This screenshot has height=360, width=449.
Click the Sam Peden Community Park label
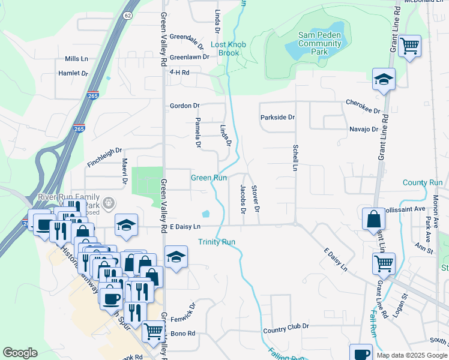[321, 44]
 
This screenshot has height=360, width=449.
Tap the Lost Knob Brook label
[224, 49]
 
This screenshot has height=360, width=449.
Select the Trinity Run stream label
[217, 242]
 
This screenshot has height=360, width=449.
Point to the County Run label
[422, 182]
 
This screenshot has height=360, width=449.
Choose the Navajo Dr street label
[364, 129]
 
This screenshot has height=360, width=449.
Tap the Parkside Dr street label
[277, 118]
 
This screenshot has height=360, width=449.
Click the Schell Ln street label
[295, 158]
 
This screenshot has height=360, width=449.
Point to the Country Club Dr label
[285, 326]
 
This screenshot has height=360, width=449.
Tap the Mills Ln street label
[77, 59]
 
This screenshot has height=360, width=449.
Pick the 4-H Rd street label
[179, 73]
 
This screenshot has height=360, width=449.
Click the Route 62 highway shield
[128, 15]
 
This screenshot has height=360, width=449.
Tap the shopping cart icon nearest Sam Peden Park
[409, 45]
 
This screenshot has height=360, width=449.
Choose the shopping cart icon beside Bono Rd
[153, 329]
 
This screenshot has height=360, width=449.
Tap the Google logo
[20, 353]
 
